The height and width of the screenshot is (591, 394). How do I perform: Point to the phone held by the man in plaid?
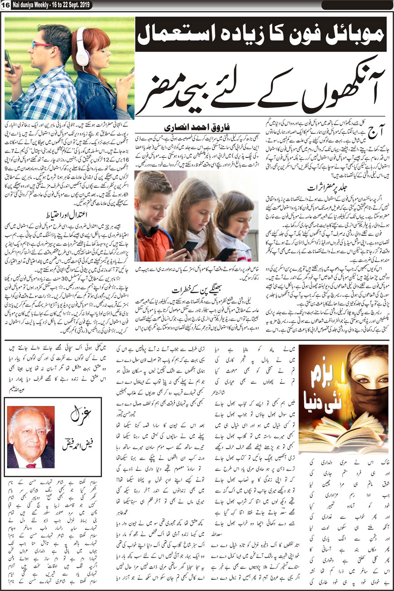(x=8, y=61)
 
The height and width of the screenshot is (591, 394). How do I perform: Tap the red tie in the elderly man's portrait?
(x=30, y=464)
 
